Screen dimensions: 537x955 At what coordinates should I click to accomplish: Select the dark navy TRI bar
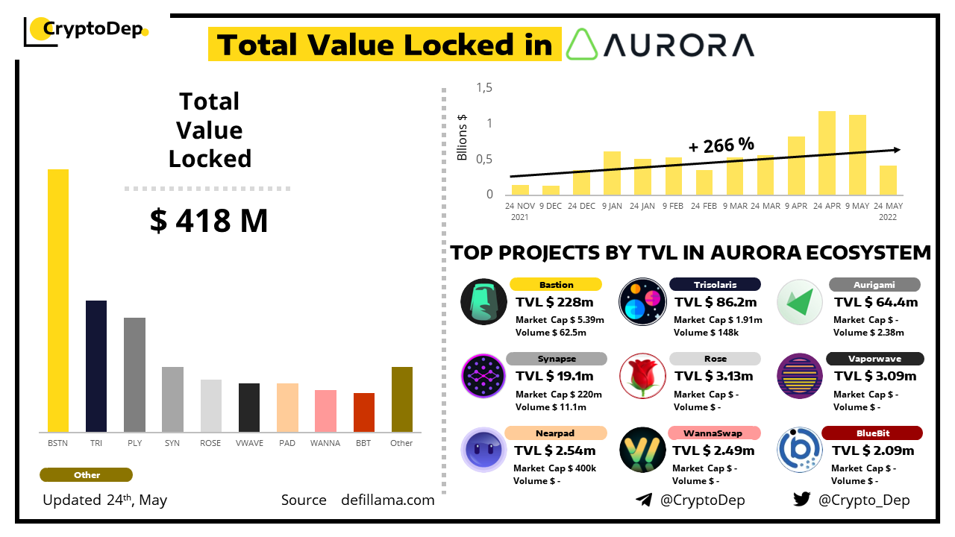[96, 366]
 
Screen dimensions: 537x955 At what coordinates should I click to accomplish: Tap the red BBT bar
[364, 412]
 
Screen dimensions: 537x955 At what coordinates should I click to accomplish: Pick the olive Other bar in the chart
[402, 399]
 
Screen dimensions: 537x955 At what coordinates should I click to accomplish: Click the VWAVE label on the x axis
[249, 443]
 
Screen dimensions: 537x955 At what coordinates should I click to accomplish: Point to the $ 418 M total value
[209, 221]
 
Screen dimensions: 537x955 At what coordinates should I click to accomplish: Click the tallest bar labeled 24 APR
[827, 153]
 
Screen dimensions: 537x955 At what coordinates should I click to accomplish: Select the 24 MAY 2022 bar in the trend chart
[888, 180]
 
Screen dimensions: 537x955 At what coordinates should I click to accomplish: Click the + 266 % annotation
[721, 145]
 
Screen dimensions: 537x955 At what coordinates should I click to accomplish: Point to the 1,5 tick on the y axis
[485, 88]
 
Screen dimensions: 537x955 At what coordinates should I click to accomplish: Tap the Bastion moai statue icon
[483, 302]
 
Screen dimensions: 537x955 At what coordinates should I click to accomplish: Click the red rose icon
[642, 375]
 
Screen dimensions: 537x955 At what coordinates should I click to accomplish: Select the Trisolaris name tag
[715, 284]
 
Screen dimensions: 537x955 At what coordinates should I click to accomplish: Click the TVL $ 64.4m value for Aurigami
[876, 302]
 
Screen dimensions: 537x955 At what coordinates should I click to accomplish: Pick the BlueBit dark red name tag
[872, 433]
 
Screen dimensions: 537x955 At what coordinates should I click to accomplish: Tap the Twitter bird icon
[802, 500]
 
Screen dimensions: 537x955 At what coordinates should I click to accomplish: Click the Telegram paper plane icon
[644, 500]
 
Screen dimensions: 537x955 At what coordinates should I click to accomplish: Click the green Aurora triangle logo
[582, 45]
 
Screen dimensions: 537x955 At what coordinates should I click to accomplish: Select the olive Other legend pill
[87, 475]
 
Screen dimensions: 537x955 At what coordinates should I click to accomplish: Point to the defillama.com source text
[387, 500]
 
